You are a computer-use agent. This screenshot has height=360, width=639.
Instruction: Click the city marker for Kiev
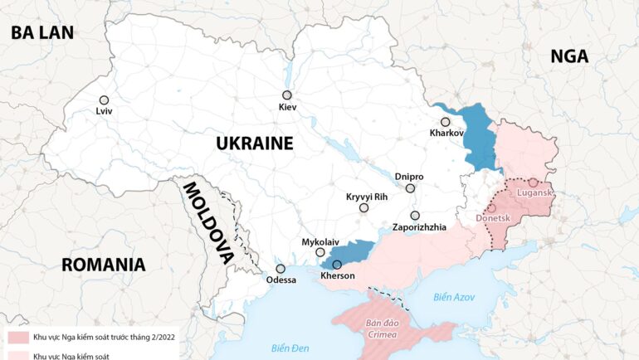287,95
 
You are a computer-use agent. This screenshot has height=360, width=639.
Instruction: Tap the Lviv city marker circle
104,99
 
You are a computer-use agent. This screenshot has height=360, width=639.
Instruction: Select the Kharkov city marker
445,122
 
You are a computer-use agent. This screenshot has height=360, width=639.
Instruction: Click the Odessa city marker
280,269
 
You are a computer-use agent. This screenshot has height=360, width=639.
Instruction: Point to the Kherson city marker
337,265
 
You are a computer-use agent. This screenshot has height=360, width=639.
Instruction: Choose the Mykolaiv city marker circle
320,252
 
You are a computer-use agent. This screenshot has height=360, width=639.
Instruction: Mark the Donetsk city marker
491,208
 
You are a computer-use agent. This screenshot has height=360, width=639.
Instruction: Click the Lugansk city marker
532,182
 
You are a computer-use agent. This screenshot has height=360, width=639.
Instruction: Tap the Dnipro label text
409,177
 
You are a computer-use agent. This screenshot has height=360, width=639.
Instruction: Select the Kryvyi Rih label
367,197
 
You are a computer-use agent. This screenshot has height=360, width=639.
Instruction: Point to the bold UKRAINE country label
255,143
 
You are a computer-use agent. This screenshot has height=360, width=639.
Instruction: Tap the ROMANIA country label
104,265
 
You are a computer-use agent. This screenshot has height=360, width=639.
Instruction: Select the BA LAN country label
41,32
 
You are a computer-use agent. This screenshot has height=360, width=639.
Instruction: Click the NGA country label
569,56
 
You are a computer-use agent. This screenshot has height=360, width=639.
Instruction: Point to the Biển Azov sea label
453,296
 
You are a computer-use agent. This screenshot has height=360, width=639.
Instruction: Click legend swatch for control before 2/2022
18,338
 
